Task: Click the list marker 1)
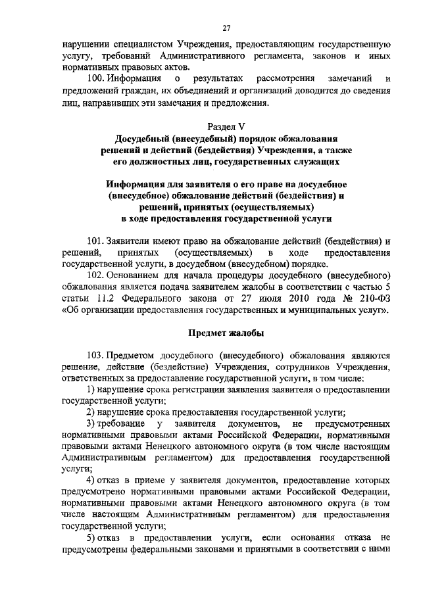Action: [x=91, y=389]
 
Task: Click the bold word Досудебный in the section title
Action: [x=143, y=139]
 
